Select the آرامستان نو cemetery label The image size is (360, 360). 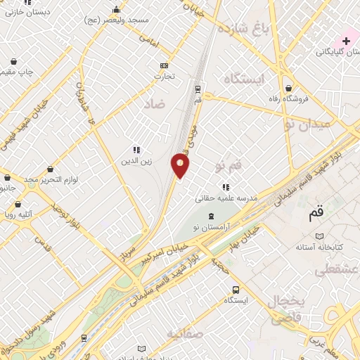(215, 229)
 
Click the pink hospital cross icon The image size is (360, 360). (346, 41)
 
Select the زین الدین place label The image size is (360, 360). (136, 161)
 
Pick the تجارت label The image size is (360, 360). (164, 76)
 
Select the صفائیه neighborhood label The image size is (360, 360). (185, 333)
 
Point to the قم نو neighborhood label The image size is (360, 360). (229, 166)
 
